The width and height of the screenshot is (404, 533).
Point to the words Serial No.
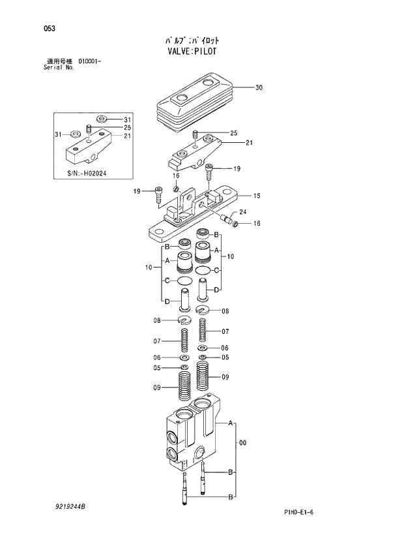click(x=56, y=67)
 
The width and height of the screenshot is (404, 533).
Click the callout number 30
click(x=259, y=87)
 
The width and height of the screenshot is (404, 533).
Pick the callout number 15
click(x=257, y=196)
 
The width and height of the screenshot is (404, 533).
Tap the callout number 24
click(x=242, y=211)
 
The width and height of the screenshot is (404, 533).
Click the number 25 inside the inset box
click(x=128, y=128)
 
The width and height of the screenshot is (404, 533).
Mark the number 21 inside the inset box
click(x=128, y=136)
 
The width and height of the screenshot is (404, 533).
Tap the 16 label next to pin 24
click(x=257, y=224)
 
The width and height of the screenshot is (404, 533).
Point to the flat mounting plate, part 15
click(x=195, y=219)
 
